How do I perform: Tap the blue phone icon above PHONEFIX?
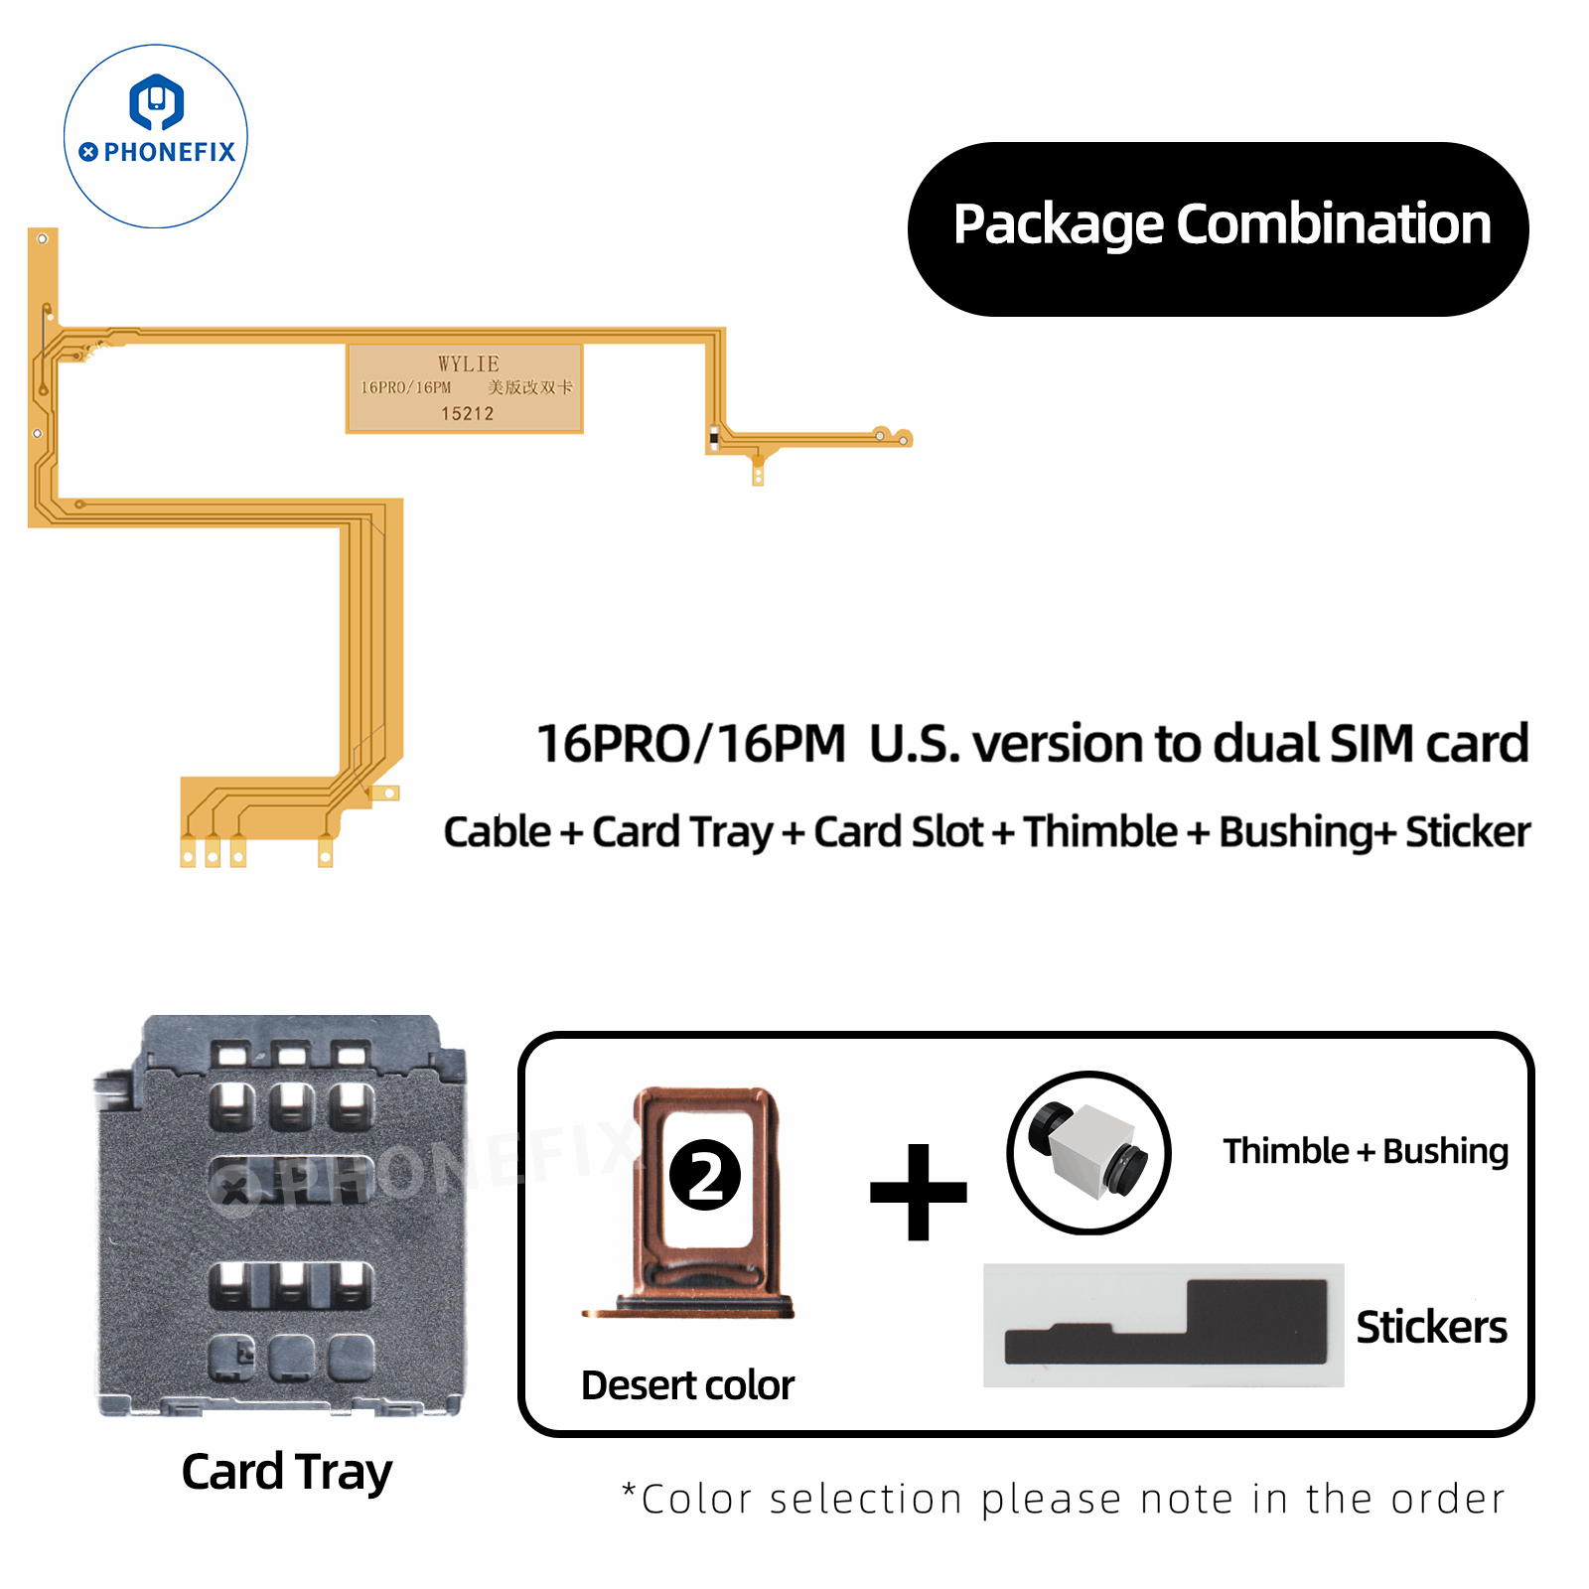(157, 102)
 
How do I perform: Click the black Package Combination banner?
(1219, 228)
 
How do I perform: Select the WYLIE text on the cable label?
(469, 363)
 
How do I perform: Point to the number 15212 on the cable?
(468, 413)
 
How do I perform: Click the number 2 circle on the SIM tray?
(705, 1175)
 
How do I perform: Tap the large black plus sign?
(918, 1192)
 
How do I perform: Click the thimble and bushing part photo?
(1089, 1153)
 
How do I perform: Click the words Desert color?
(687, 1385)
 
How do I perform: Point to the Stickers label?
(1431, 1327)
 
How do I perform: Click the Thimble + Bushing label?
(1366, 1151)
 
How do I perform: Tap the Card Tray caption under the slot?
(286, 1472)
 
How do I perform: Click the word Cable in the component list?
(497, 832)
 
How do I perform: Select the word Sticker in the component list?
(1468, 832)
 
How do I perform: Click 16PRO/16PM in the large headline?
(691, 744)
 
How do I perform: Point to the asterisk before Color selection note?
(629, 1491)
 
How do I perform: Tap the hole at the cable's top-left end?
(43, 239)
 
